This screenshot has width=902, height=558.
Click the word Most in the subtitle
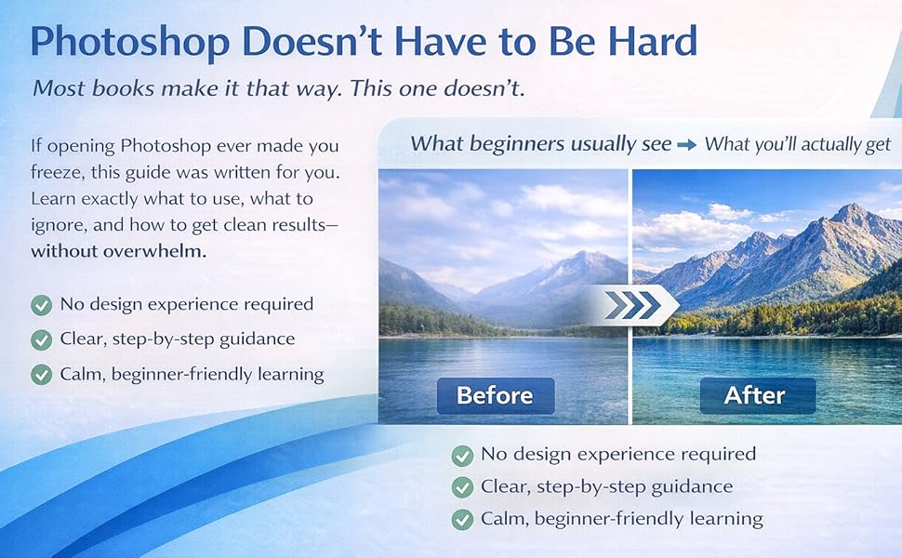pos(58,89)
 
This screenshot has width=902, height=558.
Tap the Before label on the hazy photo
pos(495,395)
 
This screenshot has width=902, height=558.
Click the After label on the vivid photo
pos(756,395)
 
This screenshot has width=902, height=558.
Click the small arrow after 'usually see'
pos(686,144)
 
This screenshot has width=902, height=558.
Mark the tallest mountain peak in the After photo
pos(849,212)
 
